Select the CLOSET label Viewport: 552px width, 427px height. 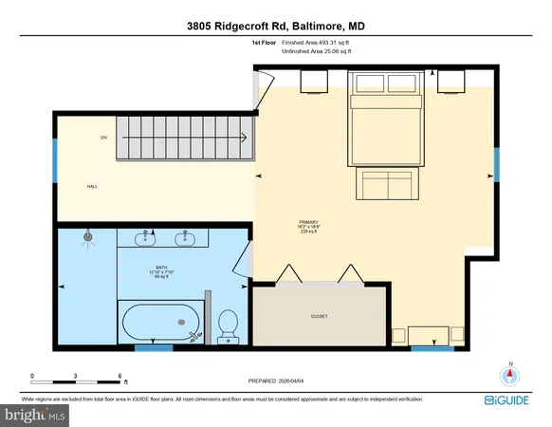(x=320, y=316)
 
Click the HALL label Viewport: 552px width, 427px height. (x=92, y=186)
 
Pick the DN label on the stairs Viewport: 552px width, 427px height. (x=103, y=139)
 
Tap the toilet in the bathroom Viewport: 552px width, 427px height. (x=228, y=325)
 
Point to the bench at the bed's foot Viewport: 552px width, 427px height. (x=386, y=183)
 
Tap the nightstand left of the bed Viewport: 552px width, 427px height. (x=315, y=83)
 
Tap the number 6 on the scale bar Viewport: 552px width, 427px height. (x=120, y=376)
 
